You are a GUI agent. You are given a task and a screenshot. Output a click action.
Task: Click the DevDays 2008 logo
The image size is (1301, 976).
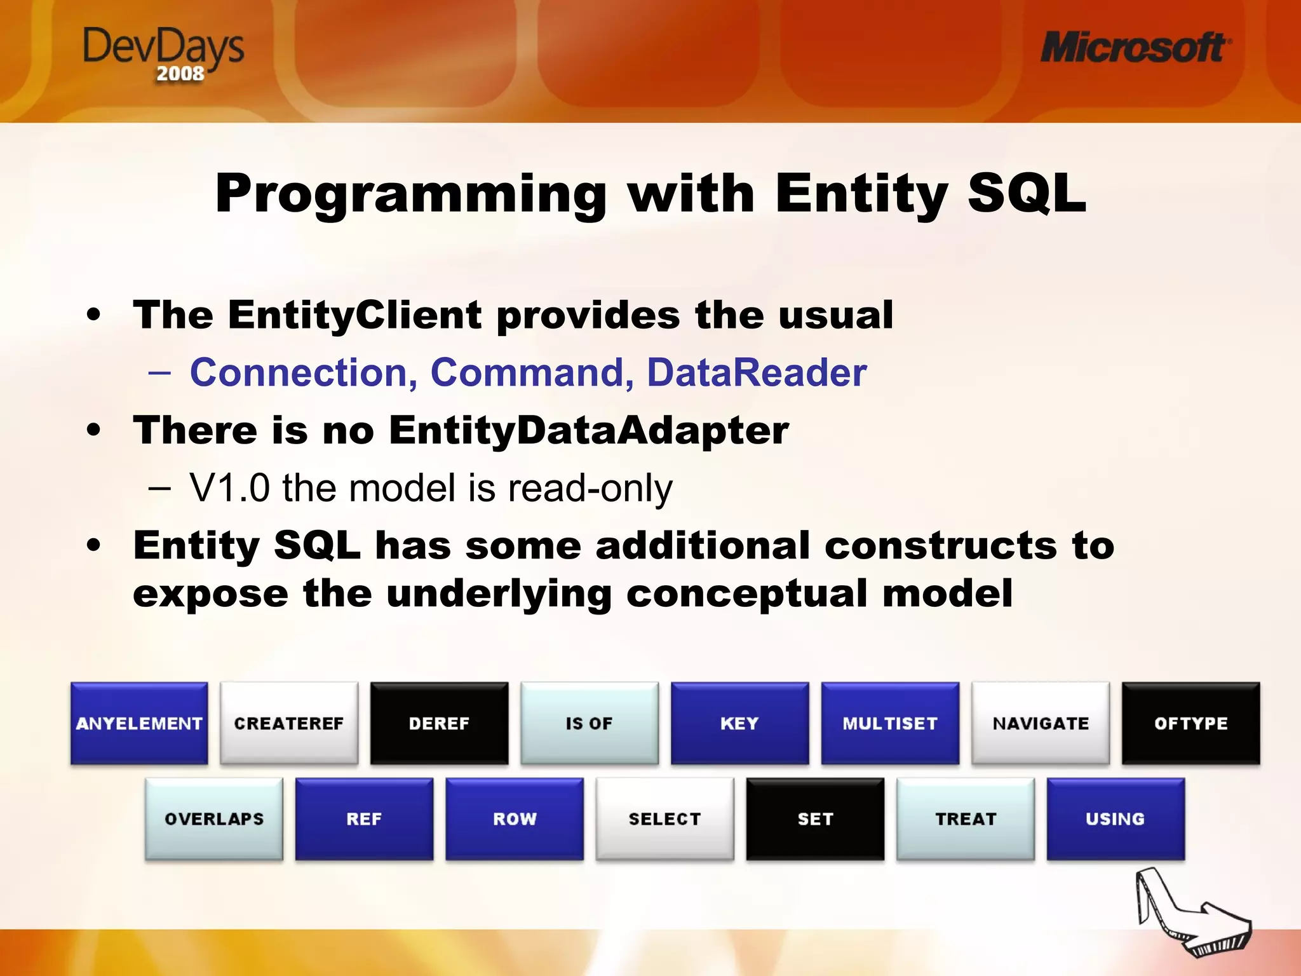pyautogui.click(x=163, y=53)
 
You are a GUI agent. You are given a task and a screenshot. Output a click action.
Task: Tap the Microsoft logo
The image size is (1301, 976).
pyautogui.click(x=1135, y=48)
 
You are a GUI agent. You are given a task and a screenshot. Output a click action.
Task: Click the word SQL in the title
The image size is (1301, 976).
pyautogui.click(x=1026, y=193)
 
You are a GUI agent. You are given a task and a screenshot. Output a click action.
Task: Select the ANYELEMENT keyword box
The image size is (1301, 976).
pyautogui.click(x=139, y=723)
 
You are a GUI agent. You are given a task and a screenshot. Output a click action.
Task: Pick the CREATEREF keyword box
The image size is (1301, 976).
pyautogui.click(x=289, y=723)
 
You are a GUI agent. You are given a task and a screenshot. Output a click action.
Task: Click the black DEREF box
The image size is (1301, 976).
pyautogui.click(x=439, y=723)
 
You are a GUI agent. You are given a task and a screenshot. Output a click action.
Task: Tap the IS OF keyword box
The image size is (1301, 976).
pyautogui.click(x=590, y=723)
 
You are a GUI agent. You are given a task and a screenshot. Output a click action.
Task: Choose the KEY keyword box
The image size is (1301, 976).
pyautogui.click(x=739, y=723)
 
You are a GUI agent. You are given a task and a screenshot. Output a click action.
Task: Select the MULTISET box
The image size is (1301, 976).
pyautogui.click(x=890, y=723)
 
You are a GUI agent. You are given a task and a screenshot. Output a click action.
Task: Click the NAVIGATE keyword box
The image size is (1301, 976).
pyautogui.click(x=1041, y=723)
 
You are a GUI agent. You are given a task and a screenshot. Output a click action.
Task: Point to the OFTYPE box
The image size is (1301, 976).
pyautogui.click(x=1190, y=723)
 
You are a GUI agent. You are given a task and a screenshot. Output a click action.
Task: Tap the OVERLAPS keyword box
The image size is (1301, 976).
pyautogui.click(x=214, y=818)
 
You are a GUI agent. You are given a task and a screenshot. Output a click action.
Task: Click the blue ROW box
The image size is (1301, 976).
pyautogui.click(x=515, y=818)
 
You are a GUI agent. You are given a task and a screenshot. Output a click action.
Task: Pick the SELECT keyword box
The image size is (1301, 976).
pyautogui.click(x=664, y=818)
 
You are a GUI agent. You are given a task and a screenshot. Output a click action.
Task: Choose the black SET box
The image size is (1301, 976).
pyautogui.click(x=815, y=818)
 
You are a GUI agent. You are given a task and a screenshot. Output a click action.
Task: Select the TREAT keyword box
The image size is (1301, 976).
pyautogui.click(x=966, y=818)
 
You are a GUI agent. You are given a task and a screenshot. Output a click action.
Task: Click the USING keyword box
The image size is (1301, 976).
pyautogui.click(x=1116, y=818)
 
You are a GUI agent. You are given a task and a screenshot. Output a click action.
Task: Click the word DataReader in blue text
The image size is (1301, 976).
pyautogui.click(x=756, y=372)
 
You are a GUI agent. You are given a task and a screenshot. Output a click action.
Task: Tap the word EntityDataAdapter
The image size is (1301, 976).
pyautogui.click(x=588, y=431)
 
